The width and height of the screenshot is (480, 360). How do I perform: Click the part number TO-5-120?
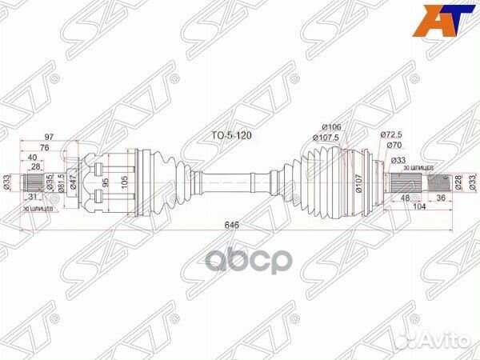pyautogui.click(x=232, y=136)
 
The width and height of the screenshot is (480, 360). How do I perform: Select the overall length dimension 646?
pyautogui.click(x=233, y=226)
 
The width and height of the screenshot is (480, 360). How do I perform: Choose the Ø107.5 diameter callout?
pyautogui.click(x=330, y=138)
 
